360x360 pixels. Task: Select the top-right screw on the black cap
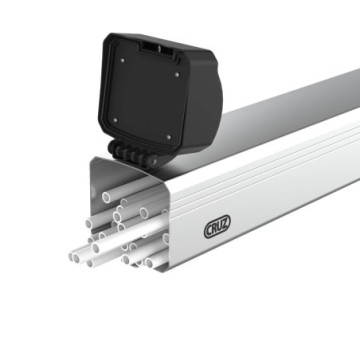click(x=176, y=72)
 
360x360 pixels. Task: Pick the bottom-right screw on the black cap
click(x=168, y=134)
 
